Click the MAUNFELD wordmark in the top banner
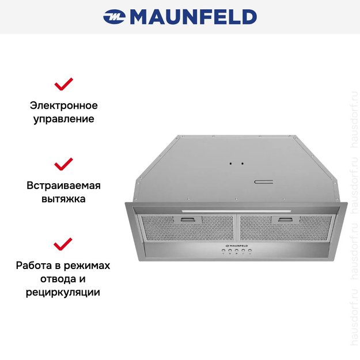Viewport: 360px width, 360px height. click(193, 17)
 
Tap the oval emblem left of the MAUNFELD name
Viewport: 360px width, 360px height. click(115, 17)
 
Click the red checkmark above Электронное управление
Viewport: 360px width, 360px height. click(63, 85)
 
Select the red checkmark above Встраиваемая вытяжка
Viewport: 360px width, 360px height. click(63, 164)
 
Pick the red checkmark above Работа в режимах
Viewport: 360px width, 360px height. click(63, 244)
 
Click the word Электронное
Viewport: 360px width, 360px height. click(63, 105)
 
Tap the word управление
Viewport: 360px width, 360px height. click(63, 119)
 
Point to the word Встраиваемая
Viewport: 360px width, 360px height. click(63, 185)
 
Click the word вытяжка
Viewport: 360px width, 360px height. click(63, 199)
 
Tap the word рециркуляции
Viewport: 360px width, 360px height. click(63, 293)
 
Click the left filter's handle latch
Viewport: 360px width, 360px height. click(192, 219)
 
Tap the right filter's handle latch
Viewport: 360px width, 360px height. click(286, 219)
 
